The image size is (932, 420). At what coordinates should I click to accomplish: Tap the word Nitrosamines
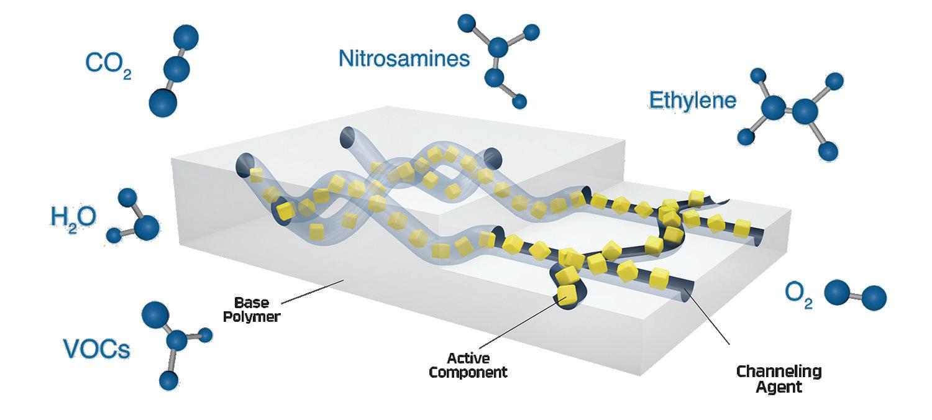[404, 58]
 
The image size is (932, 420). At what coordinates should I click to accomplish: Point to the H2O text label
[73, 217]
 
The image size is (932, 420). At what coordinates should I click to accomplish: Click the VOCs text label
[97, 349]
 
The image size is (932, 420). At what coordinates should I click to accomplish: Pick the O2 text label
[798, 294]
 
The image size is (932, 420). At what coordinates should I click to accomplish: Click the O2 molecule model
[855, 294]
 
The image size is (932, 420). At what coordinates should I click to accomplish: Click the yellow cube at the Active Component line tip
[566, 293]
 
